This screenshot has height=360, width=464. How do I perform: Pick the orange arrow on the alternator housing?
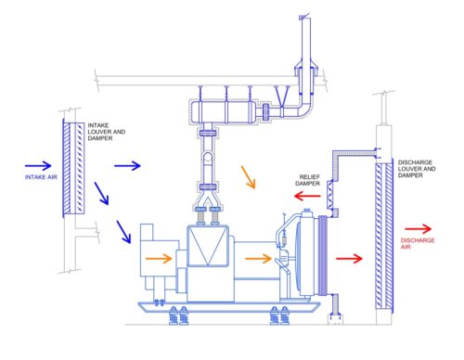pos(159,258)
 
